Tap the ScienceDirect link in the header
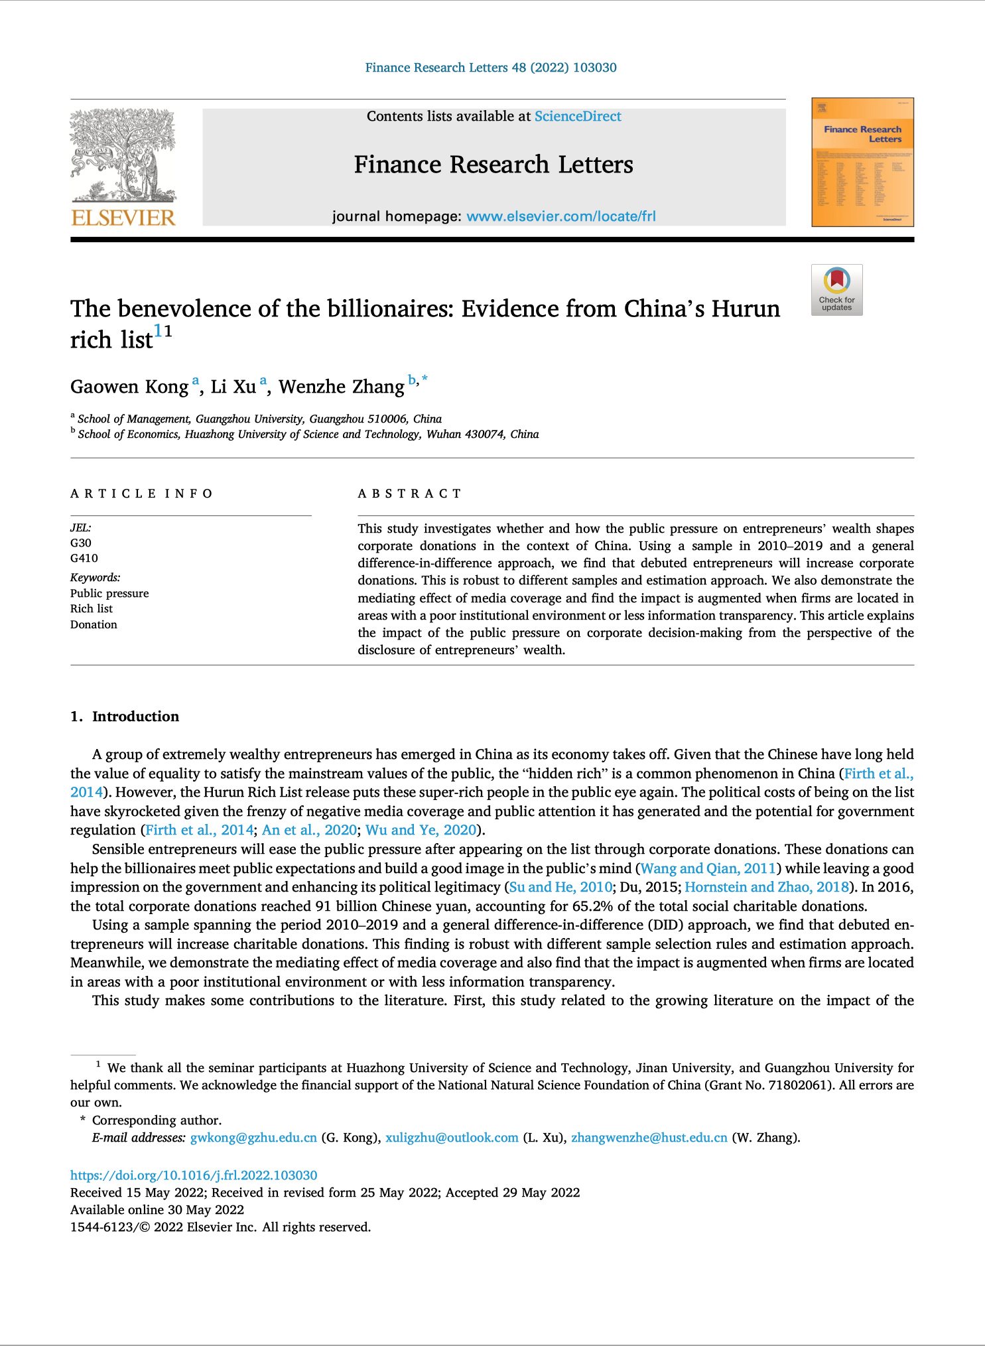click(578, 117)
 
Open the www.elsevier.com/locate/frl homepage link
click(560, 216)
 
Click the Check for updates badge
click(836, 290)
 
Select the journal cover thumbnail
click(862, 163)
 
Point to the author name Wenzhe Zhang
click(341, 387)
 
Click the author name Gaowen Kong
click(129, 387)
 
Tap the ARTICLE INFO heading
click(141, 494)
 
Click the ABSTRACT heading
click(409, 494)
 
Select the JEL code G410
click(84, 558)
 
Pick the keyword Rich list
click(92, 608)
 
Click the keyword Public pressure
click(109, 593)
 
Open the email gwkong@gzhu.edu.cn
click(253, 1138)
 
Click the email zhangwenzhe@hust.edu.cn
click(649, 1138)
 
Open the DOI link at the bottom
click(194, 1175)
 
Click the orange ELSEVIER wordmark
click(123, 218)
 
